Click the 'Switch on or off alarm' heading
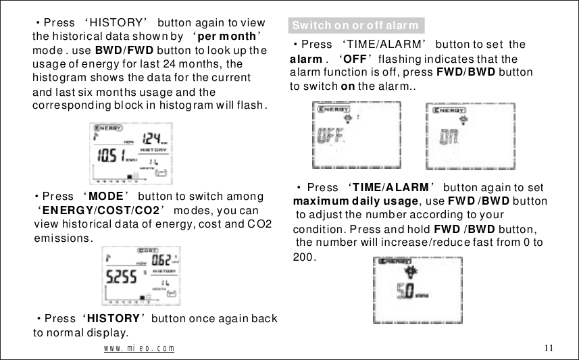point(355,26)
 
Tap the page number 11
point(548,348)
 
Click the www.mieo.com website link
point(139,349)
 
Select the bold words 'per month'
point(228,36)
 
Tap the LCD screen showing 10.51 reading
point(131,155)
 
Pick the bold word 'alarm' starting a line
point(305,59)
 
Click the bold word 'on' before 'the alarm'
point(348,87)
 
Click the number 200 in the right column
point(303,257)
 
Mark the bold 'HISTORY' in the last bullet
point(113,319)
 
